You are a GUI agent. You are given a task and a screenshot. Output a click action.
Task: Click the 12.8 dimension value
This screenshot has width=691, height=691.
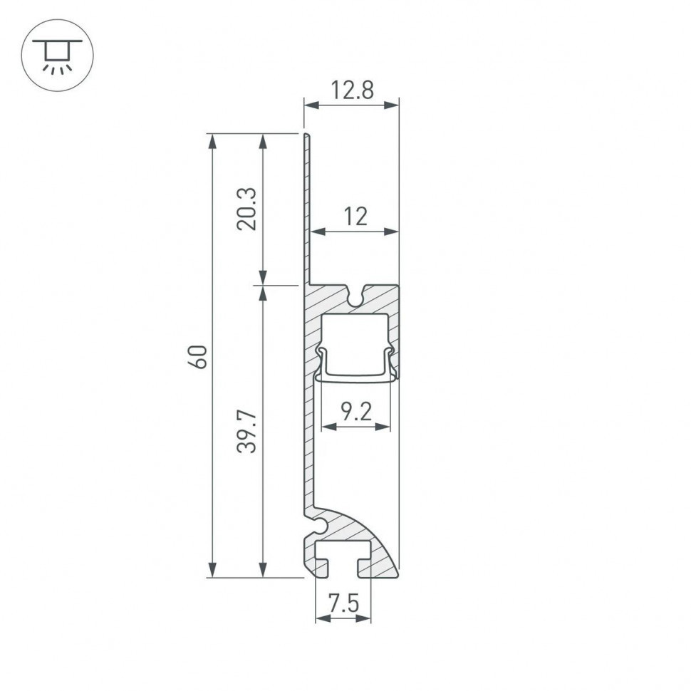[352, 90]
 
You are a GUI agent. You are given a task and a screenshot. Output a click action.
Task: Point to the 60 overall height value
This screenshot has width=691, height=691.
[199, 356]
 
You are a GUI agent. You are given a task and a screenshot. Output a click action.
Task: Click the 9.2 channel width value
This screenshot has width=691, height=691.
[355, 412]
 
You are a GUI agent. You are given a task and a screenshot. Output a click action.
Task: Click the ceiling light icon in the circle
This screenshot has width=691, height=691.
[56, 56]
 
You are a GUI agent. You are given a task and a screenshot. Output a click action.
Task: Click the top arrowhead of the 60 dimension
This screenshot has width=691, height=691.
[212, 140]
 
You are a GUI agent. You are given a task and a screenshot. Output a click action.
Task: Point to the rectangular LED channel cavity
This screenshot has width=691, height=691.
[355, 342]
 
